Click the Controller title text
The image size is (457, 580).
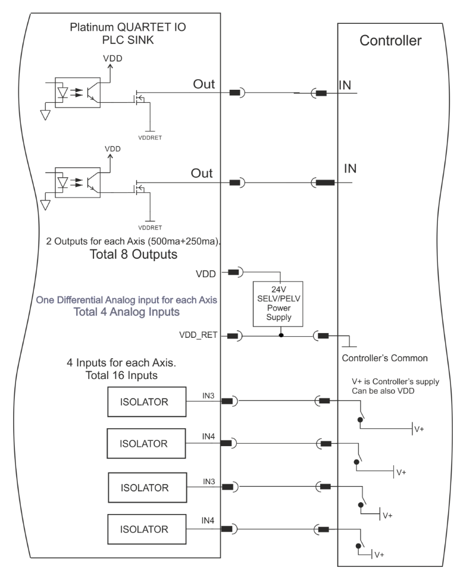(x=390, y=40)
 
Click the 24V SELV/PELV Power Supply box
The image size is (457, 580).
(x=278, y=304)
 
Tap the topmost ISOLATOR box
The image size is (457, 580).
(x=147, y=402)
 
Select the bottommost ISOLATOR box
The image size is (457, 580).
(x=147, y=529)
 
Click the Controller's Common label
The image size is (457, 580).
(x=384, y=358)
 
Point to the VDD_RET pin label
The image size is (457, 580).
(x=198, y=335)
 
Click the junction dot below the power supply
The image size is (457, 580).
(x=281, y=336)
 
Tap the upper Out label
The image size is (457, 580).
(x=204, y=84)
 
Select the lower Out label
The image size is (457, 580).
(x=202, y=173)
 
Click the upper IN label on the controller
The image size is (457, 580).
(x=345, y=86)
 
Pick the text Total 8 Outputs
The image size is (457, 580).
(x=133, y=255)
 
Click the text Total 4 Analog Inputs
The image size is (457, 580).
(x=127, y=312)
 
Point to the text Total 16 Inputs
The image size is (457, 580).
(x=121, y=375)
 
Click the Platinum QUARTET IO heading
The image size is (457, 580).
(x=128, y=27)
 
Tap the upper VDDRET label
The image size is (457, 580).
(x=150, y=137)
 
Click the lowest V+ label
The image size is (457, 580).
(x=379, y=555)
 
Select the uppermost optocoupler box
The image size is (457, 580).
(x=78, y=92)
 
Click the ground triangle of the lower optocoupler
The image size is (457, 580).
(x=45, y=205)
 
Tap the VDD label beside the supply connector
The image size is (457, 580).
(x=206, y=274)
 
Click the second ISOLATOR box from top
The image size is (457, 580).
(x=146, y=444)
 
